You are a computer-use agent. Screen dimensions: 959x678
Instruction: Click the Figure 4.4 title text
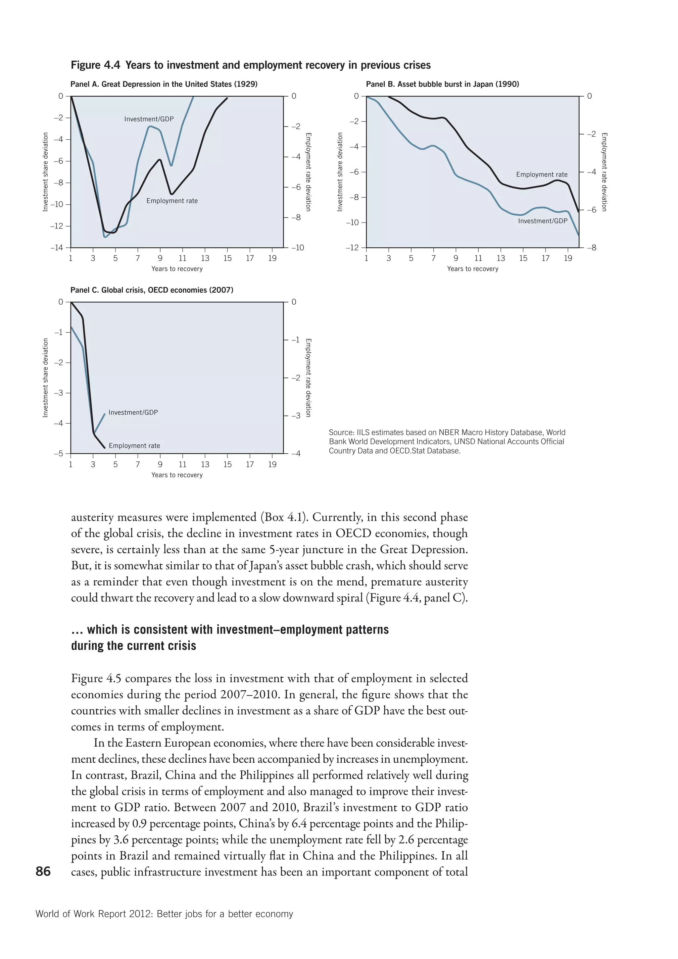click(251, 65)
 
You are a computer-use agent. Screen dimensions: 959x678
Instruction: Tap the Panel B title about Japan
click(442, 84)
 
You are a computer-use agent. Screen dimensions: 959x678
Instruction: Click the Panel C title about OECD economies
click(152, 290)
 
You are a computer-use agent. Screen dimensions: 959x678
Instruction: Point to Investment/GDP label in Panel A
click(149, 119)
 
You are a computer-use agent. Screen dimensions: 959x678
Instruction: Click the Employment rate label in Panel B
click(542, 175)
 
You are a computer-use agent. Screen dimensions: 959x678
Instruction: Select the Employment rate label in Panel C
click(134, 446)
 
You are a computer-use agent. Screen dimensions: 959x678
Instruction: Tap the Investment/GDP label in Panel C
click(133, 412)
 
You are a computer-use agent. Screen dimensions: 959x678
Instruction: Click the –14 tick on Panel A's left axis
click(57, 248)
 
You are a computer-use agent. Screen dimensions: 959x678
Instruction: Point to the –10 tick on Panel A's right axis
click(297, 248)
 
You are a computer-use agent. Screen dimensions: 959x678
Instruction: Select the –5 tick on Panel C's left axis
click(59, 454)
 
